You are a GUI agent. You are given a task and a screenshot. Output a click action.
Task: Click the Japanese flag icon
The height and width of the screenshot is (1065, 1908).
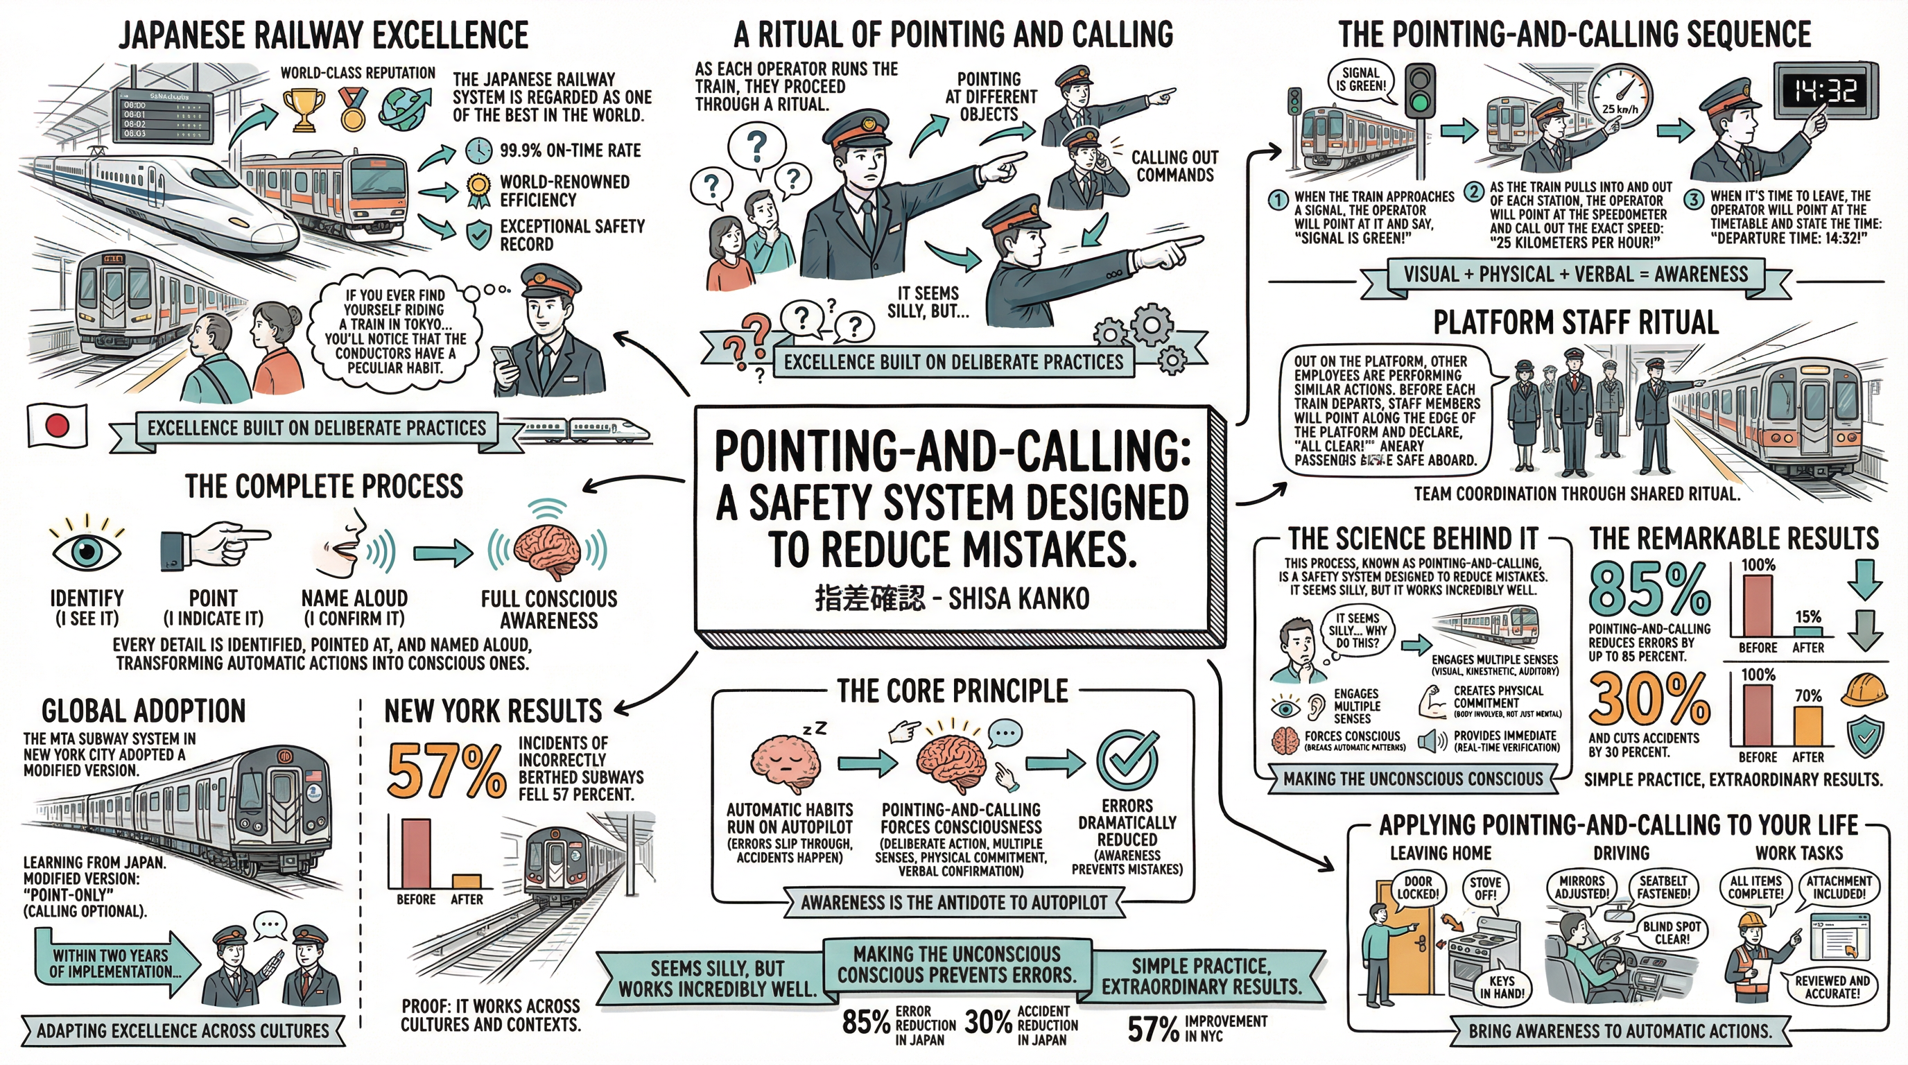[x=57, y=425]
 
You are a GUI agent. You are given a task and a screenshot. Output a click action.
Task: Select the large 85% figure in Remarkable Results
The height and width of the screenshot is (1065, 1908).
[x=1649, y=590]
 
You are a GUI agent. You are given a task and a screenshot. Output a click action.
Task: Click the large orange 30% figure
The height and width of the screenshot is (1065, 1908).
[x=1649, y=700]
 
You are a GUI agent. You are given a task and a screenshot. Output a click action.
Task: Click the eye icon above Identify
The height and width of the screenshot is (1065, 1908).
[x=87, y=551]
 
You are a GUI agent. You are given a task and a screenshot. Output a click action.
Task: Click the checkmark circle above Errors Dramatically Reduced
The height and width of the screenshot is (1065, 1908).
[x=1127, y=762]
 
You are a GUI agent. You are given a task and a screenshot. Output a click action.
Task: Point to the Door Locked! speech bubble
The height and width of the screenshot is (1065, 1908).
[x=1418, y=887]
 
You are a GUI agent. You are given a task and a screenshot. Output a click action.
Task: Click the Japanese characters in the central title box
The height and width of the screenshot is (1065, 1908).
[x=869, y=598]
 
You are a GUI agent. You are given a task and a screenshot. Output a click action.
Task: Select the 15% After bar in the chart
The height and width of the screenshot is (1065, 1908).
[x=1807, y=631]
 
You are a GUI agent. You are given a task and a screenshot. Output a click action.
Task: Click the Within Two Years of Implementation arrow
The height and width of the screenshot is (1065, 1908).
[x=115, y=964]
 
